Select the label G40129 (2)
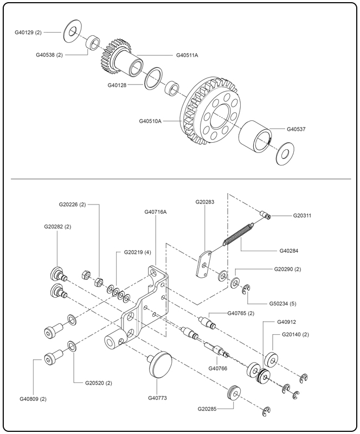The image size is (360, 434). pos(28,33)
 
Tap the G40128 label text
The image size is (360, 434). pos(118,85)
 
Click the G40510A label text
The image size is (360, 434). pos(150,121)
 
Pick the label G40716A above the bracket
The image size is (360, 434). pos(156,212)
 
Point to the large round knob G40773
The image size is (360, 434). pos(160,361)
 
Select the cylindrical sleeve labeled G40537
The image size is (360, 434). pos(255,138)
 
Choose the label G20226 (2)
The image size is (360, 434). pos(73,205)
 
